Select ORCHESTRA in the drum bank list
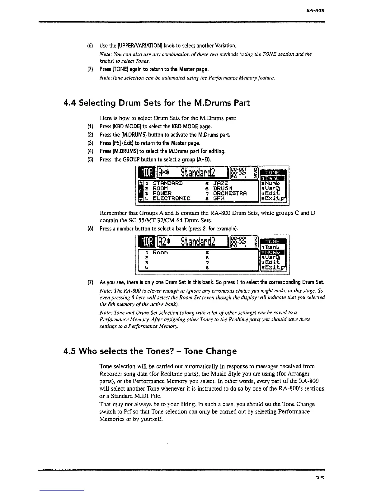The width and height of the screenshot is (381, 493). coord(230,193)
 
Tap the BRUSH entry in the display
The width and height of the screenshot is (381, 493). coord(223,188)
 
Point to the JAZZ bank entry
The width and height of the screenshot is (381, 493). coord(221,183)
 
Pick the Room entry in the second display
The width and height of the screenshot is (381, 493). coord(161,253)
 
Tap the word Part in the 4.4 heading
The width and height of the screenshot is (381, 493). coord(242,103)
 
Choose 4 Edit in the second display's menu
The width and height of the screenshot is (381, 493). coord(273,263)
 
